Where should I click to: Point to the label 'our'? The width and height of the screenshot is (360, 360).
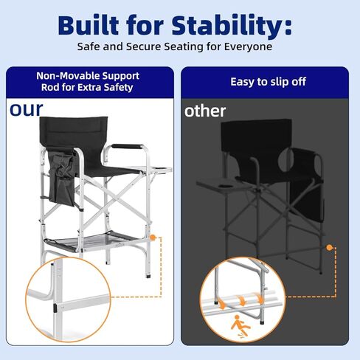(26, 109)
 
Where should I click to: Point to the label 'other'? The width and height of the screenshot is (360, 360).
(205, 111)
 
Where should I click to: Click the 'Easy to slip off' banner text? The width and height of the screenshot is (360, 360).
(268, 81)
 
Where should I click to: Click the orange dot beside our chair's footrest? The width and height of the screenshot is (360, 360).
(153, 238)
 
